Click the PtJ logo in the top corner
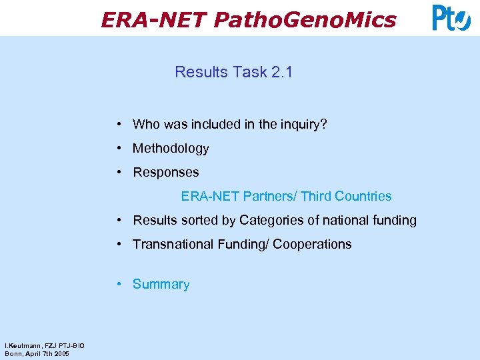pyautogui.click(x=451, y=18)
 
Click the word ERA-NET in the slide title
pyautogui.click(x=154, y=20)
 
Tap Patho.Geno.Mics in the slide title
pyautogui.click(x=305, y=20)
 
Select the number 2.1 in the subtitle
pyautogui.click(x=281, y=72)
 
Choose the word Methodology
pyautogui.click(x=171, y=149)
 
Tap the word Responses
pyautogui.click(x=166, y=173)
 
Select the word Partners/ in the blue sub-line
pyautogui.click(x=270, y=197)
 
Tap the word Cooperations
pyautogui.click(x=311, y=245)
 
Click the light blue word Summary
pyautogui.click(x=161, y=285)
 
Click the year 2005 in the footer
pyautogui.click(x=62, y=353)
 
